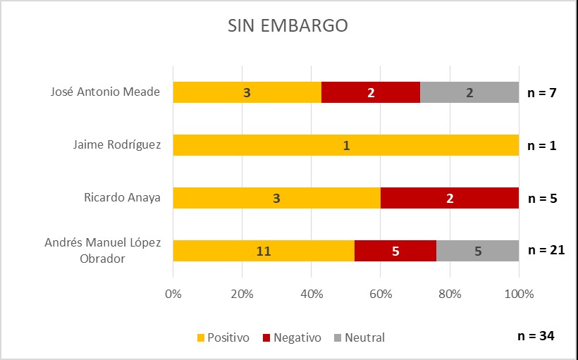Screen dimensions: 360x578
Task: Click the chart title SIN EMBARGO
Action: click(x=287, y=26)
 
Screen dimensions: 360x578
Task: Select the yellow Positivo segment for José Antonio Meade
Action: click(x=247, y=92)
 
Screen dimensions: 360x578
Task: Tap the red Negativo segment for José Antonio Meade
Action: click(x=371, y=92)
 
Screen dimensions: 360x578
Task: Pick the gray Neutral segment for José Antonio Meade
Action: click(x=469, y=92)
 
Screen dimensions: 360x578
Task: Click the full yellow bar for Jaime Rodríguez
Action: click(x=346, y=145)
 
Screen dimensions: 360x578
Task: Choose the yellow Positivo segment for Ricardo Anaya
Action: click(x=277, y=198)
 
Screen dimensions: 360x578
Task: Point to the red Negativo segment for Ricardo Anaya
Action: click(x=450, y=198)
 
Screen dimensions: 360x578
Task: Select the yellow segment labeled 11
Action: click(x=264, y=251)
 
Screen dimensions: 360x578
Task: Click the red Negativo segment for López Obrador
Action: click(x=395, y=251)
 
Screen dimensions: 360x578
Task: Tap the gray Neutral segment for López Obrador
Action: click(x=478, y=251)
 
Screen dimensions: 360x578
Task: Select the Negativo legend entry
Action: click(x=292, y=337)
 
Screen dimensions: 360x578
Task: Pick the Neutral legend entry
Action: click(x=359, y=337)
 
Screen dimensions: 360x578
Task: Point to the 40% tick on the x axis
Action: click(x=312, y=293)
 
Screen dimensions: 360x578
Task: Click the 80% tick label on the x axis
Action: click(x=450, y=293)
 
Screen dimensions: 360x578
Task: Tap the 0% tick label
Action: click(x=173, y=293)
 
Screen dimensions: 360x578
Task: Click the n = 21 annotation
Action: click(x=547, y=249)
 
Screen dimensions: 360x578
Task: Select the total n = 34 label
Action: click(x=535, y=335)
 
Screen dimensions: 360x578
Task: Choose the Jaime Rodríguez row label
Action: click(x=117, y=145)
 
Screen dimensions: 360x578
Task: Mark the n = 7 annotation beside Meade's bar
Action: click(x=543, y=92)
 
